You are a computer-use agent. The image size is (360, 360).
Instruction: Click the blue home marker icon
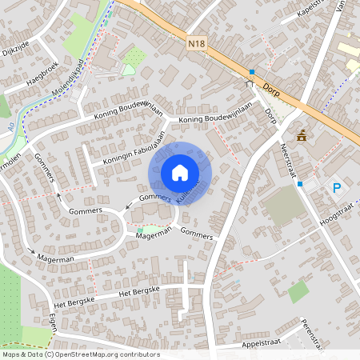click(x=180, y=172)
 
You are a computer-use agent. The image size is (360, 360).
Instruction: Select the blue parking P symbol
click(x=337, y=188)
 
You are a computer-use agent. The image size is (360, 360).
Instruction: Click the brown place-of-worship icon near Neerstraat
click(x=302, y=135)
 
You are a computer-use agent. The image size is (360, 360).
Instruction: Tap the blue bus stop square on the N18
click(x=251, y=71)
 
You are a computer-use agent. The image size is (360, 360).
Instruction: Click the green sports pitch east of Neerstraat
click(x=285, y=206)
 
